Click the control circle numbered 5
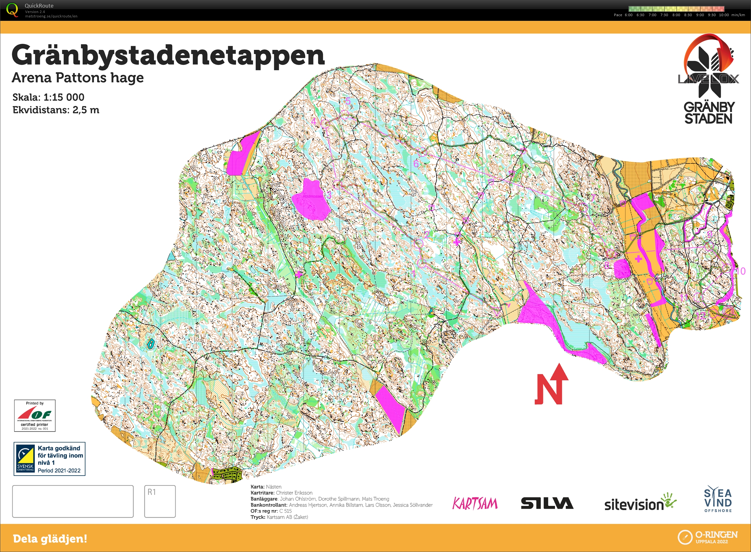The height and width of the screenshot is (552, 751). pyautogui.click(x=345, y=115)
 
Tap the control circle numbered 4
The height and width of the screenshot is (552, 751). pyautogui.click(x=326, y=124)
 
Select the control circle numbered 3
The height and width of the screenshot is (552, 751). pyautogui.click(x=337, y=184)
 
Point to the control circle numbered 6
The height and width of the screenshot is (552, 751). pyautogui.click(x=422, y=152)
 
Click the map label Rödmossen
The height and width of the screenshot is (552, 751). pyautogui.click(x=313, y=196)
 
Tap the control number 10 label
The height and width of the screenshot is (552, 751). pyautogui.click(x=741, y=271)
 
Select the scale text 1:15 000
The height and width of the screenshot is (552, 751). pyautogui.click(x=64, y=97)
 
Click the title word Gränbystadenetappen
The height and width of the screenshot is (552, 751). pyautogui.click(x=168, y=56)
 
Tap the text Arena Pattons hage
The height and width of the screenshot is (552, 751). pyautogui.click(x=77, y=77)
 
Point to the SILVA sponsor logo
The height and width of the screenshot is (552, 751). pyautogui.click(x=547, y=503)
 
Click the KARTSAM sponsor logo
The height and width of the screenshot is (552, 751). pyautogui.click(x=475, y=503)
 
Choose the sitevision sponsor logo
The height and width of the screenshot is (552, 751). pyautogui.click(x=639, y=503)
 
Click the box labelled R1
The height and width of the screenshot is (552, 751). pyautogui.click(x=160, y=501)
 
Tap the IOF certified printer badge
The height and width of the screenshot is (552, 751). pyautogui.click(x=35, y=415)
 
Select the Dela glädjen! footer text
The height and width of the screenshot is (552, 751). pyautogui.click(x=50, y=539)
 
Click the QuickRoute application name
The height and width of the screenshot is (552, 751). pyautogui.click(x=39, y=6)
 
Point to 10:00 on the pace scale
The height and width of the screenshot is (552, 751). pyautogui.click(x=724, y=15)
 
